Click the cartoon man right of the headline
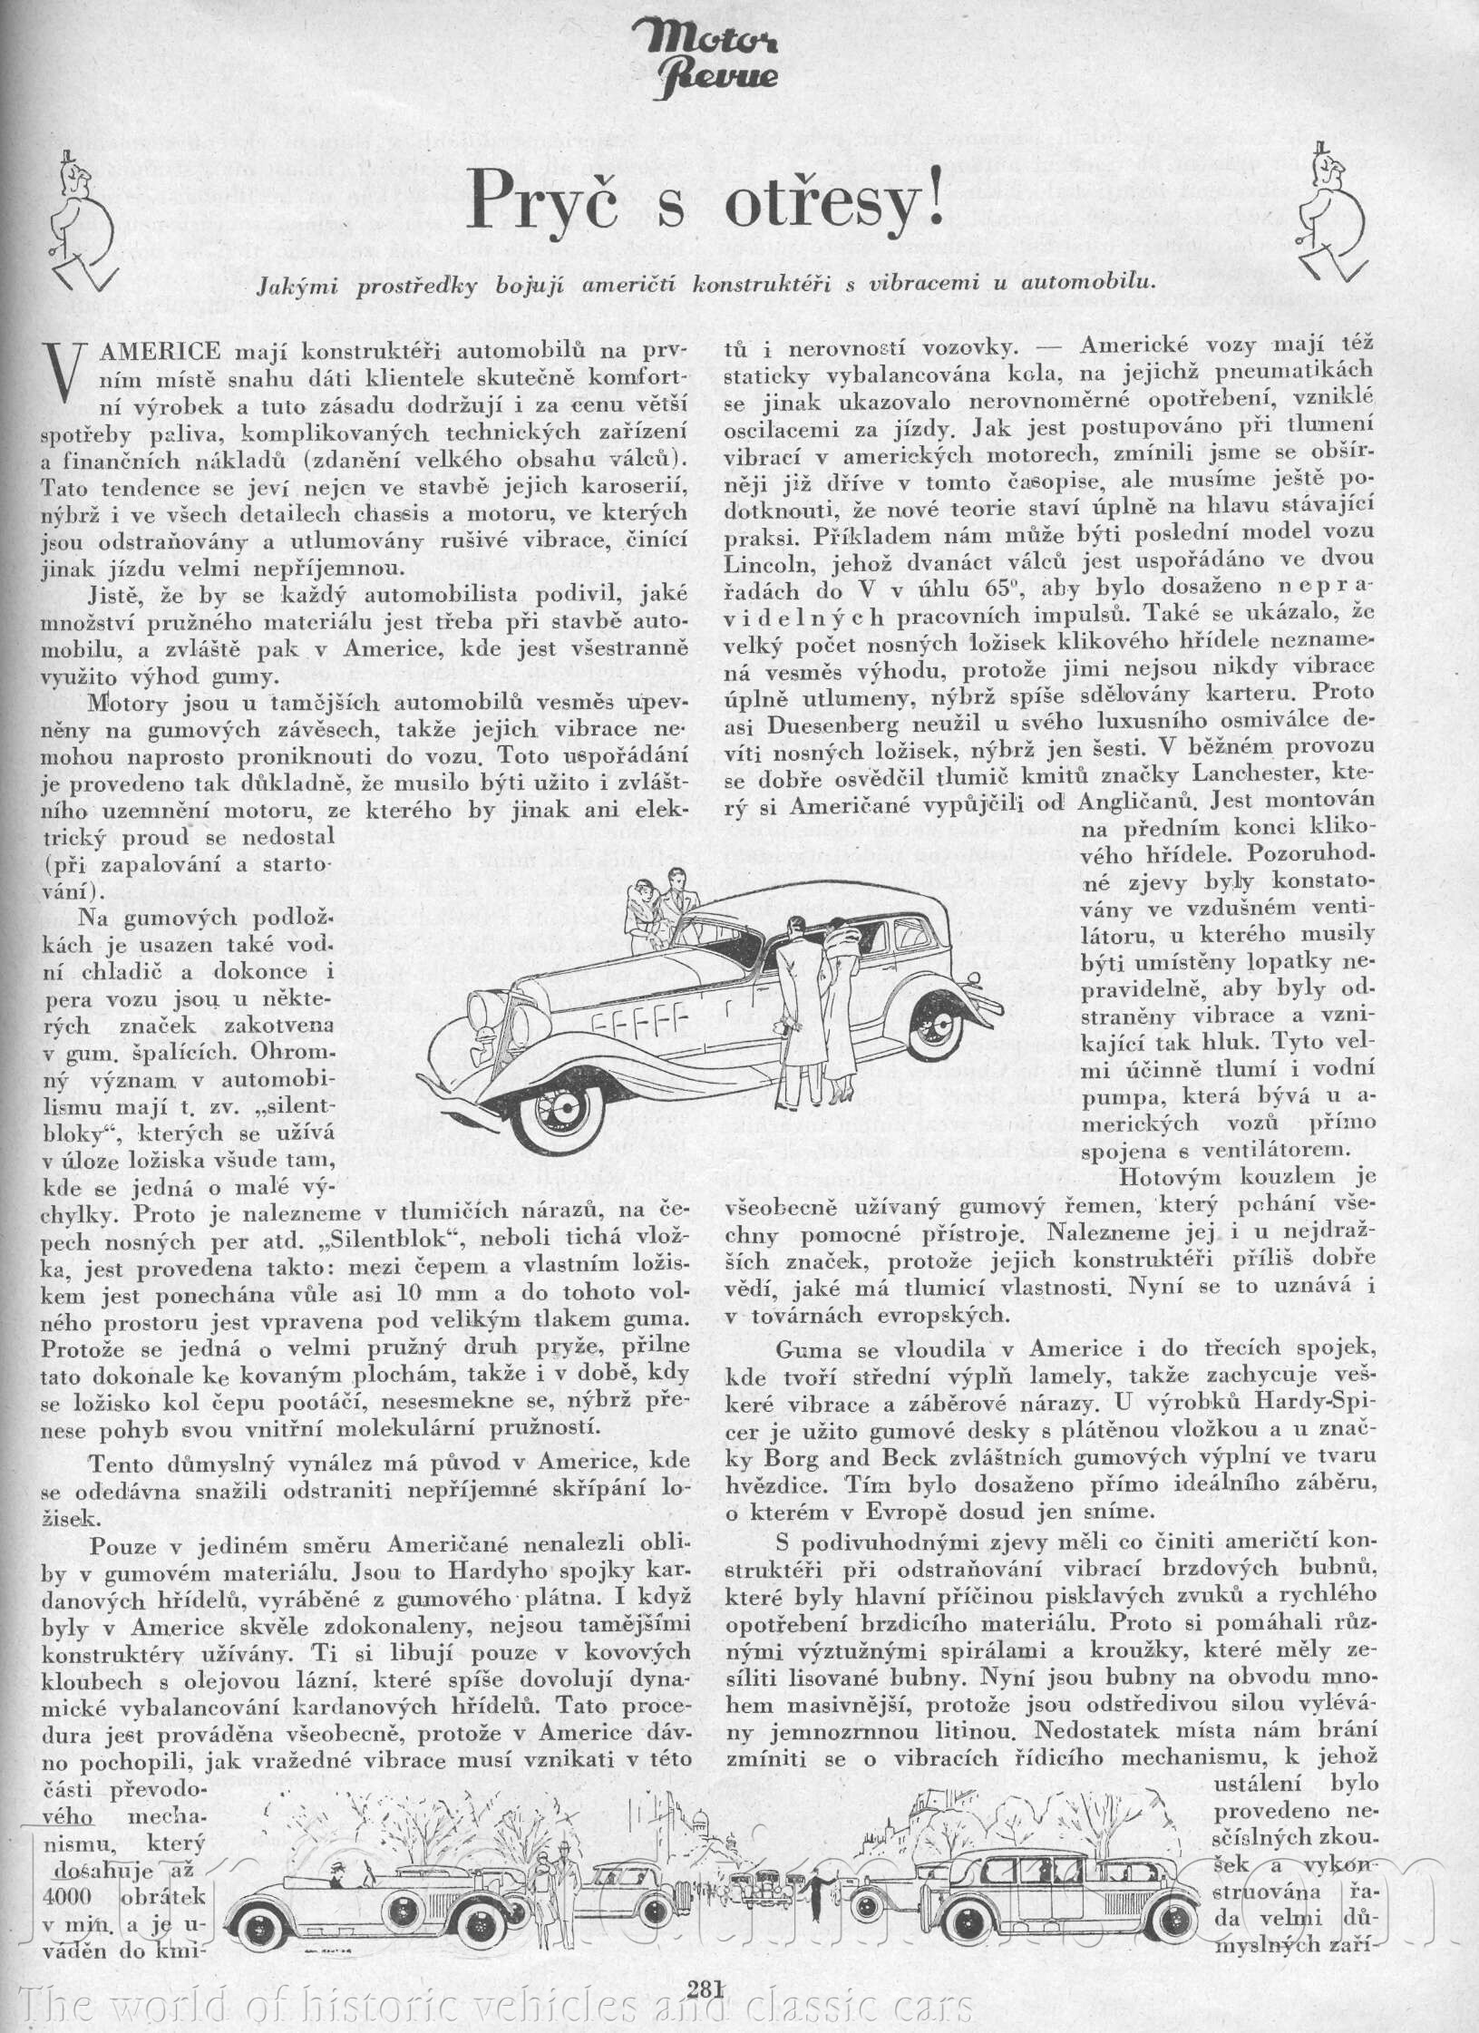[1329, 216]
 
